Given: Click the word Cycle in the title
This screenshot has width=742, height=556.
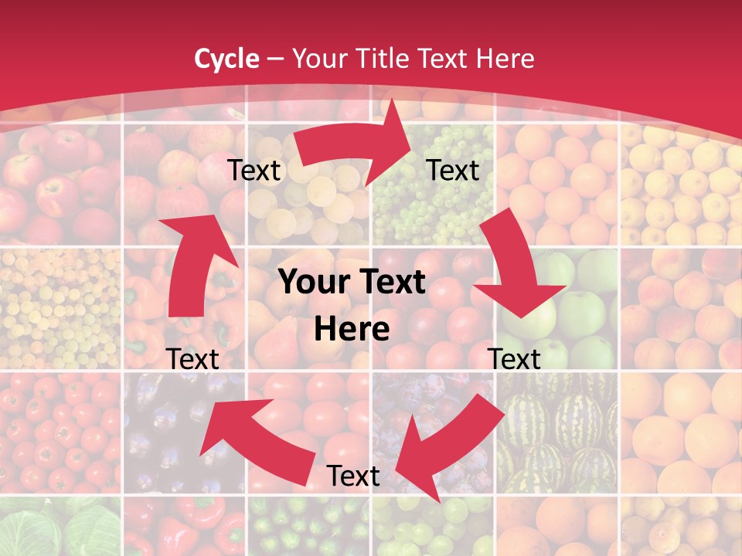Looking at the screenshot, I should pyautogui.click(x=226, y=59).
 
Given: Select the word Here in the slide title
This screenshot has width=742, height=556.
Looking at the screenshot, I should pyautogui.click(x=505, y=59).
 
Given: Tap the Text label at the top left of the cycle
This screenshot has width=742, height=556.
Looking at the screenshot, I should pyautogui.click(x=254, y=171).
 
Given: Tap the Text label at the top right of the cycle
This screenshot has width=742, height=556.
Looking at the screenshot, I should pyautogui.click(x=453, y=170).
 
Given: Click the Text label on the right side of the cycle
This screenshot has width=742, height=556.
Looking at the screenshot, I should pyautogui.click(x=515, y=359).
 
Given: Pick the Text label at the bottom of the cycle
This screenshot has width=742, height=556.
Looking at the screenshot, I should pyautogui.click(x=353, y=476).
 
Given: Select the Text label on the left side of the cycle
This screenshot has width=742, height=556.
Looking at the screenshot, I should pyautogui.click(x=192, y=359).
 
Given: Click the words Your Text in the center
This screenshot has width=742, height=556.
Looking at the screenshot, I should pyautogui.click(x=352, y=283).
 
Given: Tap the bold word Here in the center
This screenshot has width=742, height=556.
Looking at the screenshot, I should pyautogui.click(x=352, y=330).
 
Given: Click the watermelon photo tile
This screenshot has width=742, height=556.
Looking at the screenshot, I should pyautogui.click(x=556, y=432).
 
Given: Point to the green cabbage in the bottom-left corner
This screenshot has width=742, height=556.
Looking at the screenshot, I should pyautogui.click(x=58, y=529).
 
